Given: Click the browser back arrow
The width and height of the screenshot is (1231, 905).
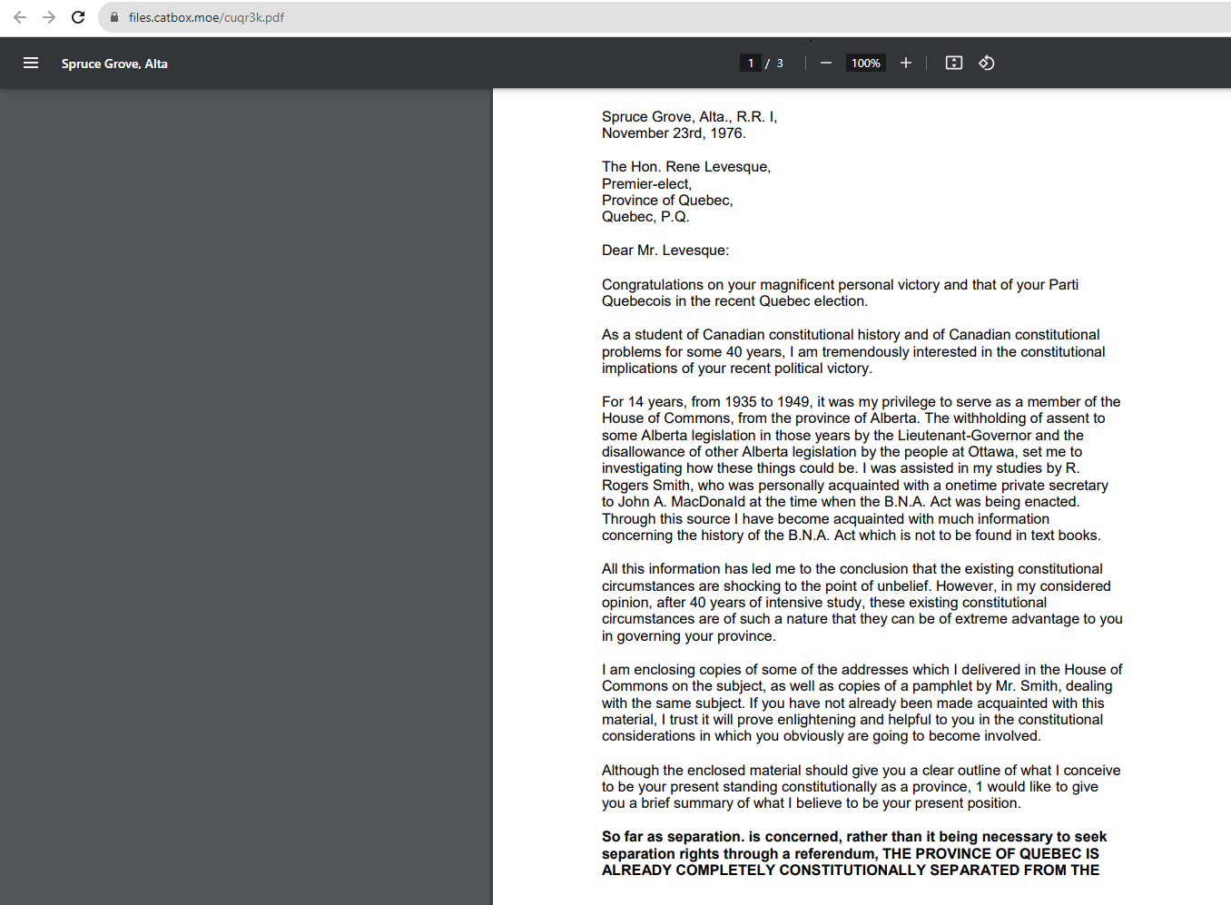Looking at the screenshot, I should click(20, 17).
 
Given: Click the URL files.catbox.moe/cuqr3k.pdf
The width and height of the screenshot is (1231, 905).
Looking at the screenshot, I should click(206, 17).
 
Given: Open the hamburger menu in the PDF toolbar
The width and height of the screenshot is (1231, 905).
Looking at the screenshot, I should click(31, 64).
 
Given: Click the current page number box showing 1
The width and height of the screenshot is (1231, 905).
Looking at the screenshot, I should click(751, 64).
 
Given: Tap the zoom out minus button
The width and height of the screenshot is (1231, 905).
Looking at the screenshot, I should click(826, 64).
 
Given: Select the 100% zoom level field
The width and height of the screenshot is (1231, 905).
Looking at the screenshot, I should click(865, 64).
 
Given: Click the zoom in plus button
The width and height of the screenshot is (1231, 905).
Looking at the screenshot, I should click(906, 64).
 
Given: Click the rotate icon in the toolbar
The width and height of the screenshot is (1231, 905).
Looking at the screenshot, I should click(987, 64).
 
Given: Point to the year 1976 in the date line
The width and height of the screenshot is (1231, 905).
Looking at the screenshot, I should click(726, 133).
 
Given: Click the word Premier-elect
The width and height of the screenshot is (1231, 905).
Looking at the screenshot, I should click(646, 184).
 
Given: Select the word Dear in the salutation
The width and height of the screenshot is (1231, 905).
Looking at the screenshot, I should click(617, 251).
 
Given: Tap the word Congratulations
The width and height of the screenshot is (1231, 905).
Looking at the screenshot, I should click(652, 285).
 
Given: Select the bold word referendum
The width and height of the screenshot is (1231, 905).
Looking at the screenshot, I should click(830, 854).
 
